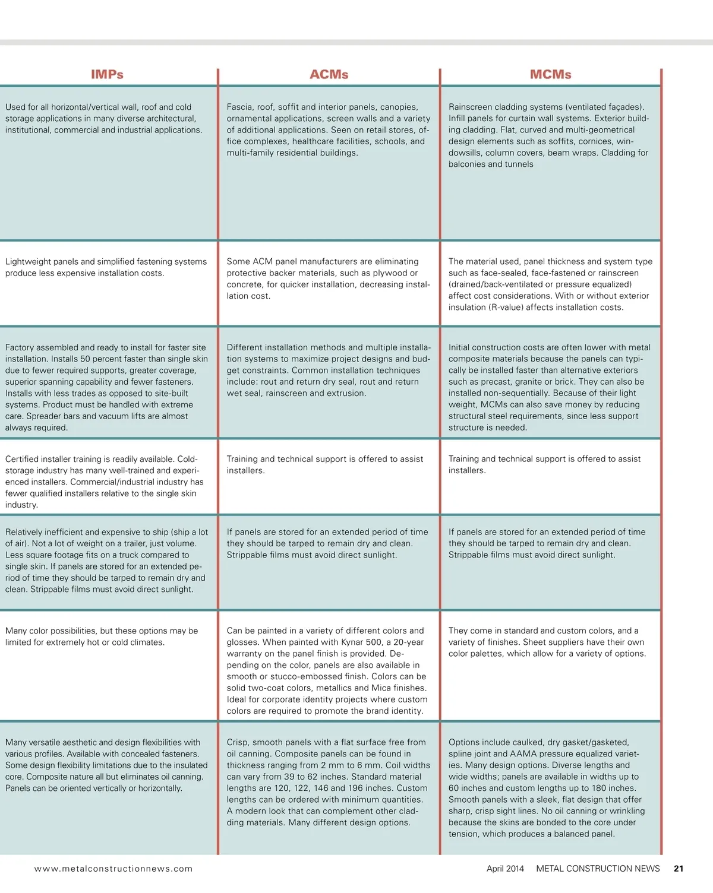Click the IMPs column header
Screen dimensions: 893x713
107,75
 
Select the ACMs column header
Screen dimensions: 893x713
329,75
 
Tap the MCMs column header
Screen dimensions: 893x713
550,75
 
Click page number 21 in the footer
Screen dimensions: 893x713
679,869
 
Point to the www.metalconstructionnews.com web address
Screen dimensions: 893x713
113,869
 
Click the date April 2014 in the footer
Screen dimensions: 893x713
505,869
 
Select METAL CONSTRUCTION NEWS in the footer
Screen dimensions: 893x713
598,869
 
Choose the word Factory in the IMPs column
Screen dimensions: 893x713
21,348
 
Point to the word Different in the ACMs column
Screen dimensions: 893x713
245,348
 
